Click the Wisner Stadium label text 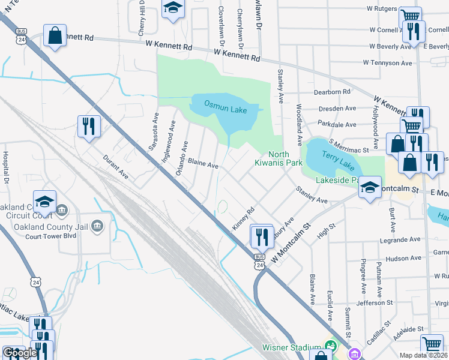point(292,347)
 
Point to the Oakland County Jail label point(53,226)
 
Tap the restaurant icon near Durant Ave point(89,127)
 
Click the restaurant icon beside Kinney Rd point(262,236)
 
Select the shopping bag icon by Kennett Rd point(55,35)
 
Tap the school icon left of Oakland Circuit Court point(44,201)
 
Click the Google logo point(20,352)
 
